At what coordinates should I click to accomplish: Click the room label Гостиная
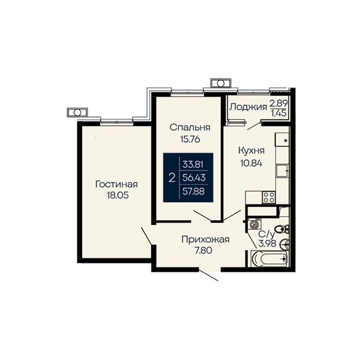tap(116, 184)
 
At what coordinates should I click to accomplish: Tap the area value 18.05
tap(118, 195)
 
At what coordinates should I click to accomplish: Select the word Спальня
tap(190, 127)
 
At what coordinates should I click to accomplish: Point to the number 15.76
tap(190, 139)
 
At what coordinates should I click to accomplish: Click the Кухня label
tap(251, 151)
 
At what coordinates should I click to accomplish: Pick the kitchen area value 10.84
tap(251, 163)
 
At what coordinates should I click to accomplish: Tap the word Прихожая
tap(205, 239)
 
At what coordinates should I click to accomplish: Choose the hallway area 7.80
tap(203, 250)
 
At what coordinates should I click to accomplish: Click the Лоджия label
tap(248, 107)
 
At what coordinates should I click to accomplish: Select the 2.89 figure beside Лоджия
tap(278, 103)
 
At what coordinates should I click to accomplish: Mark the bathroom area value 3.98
tap(267, 243)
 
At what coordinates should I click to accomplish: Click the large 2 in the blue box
tap(172, 178)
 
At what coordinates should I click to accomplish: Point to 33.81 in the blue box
tap(193, 164)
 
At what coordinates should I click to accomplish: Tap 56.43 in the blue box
tap(194, 178)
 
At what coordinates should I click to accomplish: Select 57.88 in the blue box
tap(193, 191)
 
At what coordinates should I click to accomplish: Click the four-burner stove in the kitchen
tap(269, 197)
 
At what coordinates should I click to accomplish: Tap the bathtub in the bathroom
tap(269, 259)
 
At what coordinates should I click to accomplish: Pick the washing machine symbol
tap(254, 224)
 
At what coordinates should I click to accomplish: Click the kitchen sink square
tap(282, 171)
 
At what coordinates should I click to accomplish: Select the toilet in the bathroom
tap(281, 229)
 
